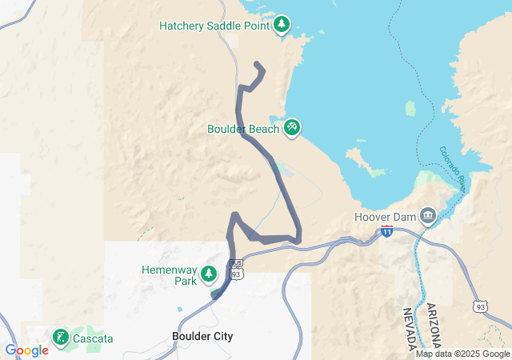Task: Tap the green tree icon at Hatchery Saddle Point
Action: coord(282,26)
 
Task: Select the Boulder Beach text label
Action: coord(243,128)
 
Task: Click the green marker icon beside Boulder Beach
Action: coord(292,127)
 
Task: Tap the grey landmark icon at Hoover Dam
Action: coord(428,216)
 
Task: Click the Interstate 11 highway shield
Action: coord(387,231)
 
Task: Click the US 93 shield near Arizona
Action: coord(480,306)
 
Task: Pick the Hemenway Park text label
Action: coord(168,275)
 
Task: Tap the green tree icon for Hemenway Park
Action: coord(209,274)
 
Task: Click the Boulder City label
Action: coord(202,337)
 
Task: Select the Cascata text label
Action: coord(93,338)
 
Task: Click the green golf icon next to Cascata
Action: coord(61,338)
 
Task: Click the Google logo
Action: coord(26,350)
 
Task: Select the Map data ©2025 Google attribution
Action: coord(462,354)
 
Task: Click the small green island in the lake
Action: coord(411,108)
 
